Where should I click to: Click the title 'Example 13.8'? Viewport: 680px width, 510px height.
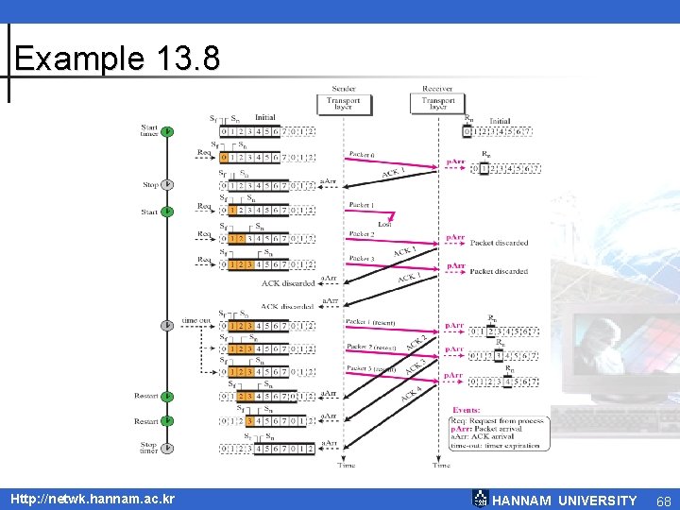pyautogui.click(x=117, y=59)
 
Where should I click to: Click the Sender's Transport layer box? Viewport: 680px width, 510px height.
pyautogui.click(x=344, y=103)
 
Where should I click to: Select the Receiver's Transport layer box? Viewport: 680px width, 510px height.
pyautogui.click(x=437, y=103)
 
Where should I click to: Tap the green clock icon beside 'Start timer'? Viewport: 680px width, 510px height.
pyautogui.click(x=167, y=130)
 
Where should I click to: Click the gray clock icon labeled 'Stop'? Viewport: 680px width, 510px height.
pyautogui.click(x=167, y=185)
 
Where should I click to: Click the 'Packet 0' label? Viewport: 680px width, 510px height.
pyautogui.click(x=362, y=153)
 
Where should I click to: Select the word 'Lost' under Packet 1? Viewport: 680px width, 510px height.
pyautogui.click(x=383, y=225)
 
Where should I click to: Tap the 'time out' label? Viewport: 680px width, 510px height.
pyautogui.click(x=196, y=320)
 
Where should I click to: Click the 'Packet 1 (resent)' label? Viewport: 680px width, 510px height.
pyautogui.click(x=369, y=321)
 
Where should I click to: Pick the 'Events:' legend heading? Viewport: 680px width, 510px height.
pyautogui.click(x=466, y=410)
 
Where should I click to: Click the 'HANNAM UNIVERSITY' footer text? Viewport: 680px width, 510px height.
pyautogui.click(x=565, y=501)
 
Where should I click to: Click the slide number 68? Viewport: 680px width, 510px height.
pyautogui.click(x=663, y=501)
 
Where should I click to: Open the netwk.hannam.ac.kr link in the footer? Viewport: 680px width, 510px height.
pyautogui.click(x=93, y=498)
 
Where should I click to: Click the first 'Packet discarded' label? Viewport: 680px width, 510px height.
pyautogui.click(x=499, y=243)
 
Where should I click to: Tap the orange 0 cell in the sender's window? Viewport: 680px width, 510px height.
pyautogui.click(x=224, y=158)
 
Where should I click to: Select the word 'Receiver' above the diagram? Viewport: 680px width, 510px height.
pyautogui.click(x=437, y=88)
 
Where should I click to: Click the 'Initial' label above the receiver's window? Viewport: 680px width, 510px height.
pyautogui.click(x=500, y=121)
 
